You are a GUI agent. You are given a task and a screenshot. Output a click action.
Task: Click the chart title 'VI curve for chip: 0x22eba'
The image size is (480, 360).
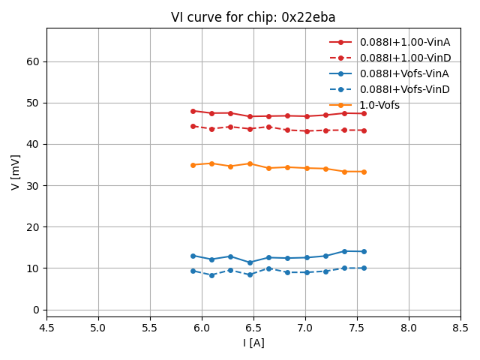[253, 17]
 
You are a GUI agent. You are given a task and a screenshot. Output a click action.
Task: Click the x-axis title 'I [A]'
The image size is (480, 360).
[253, 343]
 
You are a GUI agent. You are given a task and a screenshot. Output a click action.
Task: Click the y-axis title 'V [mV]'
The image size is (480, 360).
[16, 169]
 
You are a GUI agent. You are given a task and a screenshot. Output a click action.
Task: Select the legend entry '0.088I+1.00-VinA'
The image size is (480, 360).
[404, 42]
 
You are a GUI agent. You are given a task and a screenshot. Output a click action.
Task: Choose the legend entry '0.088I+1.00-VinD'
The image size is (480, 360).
[404, 58]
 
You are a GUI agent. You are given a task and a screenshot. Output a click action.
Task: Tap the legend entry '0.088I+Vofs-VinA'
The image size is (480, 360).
[404, 73]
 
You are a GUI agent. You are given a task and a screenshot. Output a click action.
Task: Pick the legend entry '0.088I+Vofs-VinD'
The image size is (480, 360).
[404, 89]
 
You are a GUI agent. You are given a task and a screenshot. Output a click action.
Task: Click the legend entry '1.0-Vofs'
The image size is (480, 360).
[379, 105]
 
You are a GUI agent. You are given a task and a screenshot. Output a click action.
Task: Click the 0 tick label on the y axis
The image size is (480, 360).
[36, 310]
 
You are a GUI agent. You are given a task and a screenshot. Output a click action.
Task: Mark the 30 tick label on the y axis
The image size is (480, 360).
[33, 185]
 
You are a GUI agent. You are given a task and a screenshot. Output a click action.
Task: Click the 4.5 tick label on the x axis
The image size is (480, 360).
[46, 328]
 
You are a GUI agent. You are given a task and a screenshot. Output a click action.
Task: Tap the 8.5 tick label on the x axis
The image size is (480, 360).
[460, 328]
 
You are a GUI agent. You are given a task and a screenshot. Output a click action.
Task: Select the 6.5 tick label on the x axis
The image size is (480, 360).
[253, 328]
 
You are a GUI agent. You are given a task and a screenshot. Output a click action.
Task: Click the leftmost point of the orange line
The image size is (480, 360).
[193, 165]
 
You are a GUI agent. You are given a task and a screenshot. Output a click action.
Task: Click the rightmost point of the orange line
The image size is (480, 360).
[364, 172]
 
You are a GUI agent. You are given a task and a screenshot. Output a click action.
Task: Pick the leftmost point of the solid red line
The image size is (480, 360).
[193, 111]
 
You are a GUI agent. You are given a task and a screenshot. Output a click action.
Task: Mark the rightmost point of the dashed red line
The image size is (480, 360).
[364, 130]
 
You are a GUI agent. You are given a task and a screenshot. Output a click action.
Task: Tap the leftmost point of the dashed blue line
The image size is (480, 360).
[193, 271]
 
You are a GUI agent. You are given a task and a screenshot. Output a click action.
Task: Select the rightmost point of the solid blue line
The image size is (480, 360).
[364, 251]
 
